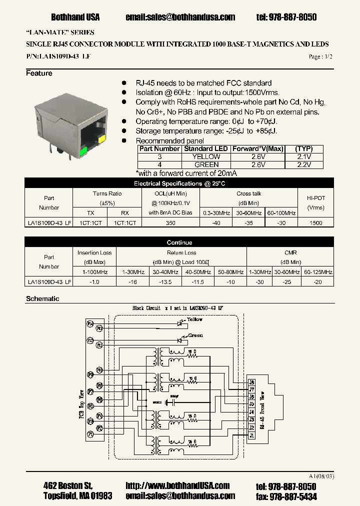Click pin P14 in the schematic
[91, 324]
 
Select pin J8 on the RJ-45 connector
[252, 382]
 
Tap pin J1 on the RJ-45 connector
[252, 435]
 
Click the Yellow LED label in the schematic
[195, 319]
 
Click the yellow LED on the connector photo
[102, 138]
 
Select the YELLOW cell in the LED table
[206, 156]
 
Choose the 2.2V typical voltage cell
[303, 164]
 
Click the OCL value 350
[170, 223]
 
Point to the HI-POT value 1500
[316, 223]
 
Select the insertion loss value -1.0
[94, 282]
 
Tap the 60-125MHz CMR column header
[317, 272]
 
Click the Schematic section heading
[42, 298]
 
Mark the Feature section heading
[39, 73]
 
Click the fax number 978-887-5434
[293, 496]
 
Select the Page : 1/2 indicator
[320, 57]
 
